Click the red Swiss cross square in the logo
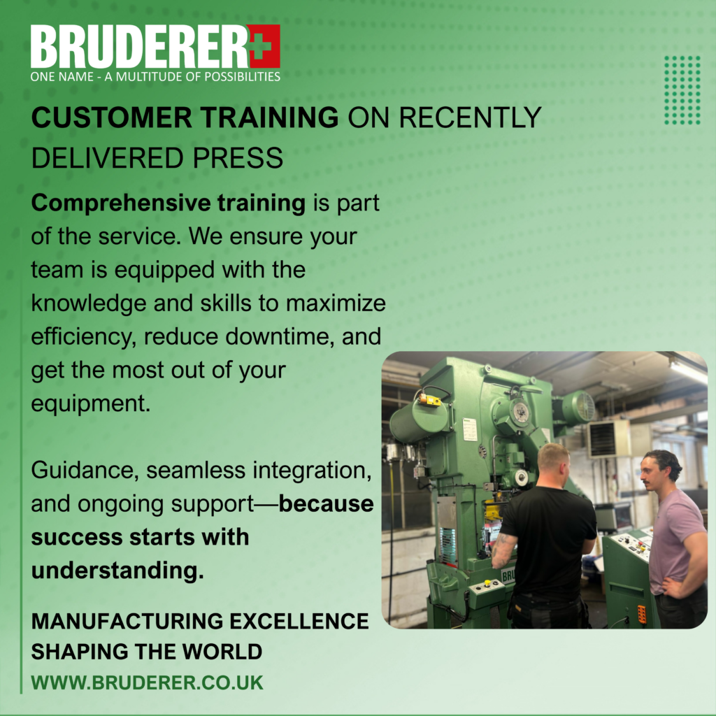[x=264, y=46]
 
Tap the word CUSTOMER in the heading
[x=112, y=117]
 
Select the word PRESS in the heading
[x=238, y=158]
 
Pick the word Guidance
[x=85, y=471]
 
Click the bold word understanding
[x=117, y=571]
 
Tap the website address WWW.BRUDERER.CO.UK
[x=147, y=682]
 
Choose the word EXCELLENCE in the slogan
[x=299, y=622]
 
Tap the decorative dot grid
[x=682, y=90]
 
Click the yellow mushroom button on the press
[x=487, y=583]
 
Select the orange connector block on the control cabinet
[x=642, y=614]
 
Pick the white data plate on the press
[x=469, y=430]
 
